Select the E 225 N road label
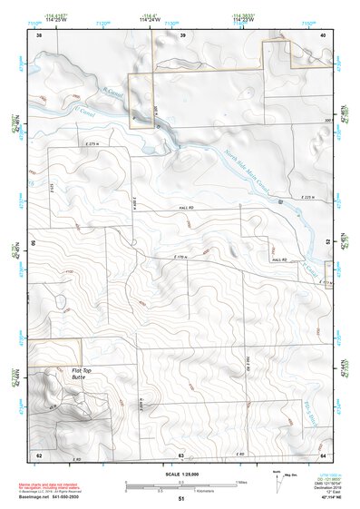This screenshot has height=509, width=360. (x=309, y=198)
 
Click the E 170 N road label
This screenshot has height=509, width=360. (x=184, y=259)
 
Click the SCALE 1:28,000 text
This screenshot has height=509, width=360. (x=180, y=475)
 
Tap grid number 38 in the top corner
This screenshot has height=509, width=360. (x=39, y=35)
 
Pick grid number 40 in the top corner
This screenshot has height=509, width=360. (x=324, y=35)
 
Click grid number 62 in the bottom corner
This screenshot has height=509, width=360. (x=39, y=454)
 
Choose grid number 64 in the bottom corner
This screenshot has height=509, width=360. (x=324, y=454)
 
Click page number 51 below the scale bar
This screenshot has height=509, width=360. (x=180, y=499)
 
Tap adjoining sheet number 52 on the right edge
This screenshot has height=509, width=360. (x=326, y=243)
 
